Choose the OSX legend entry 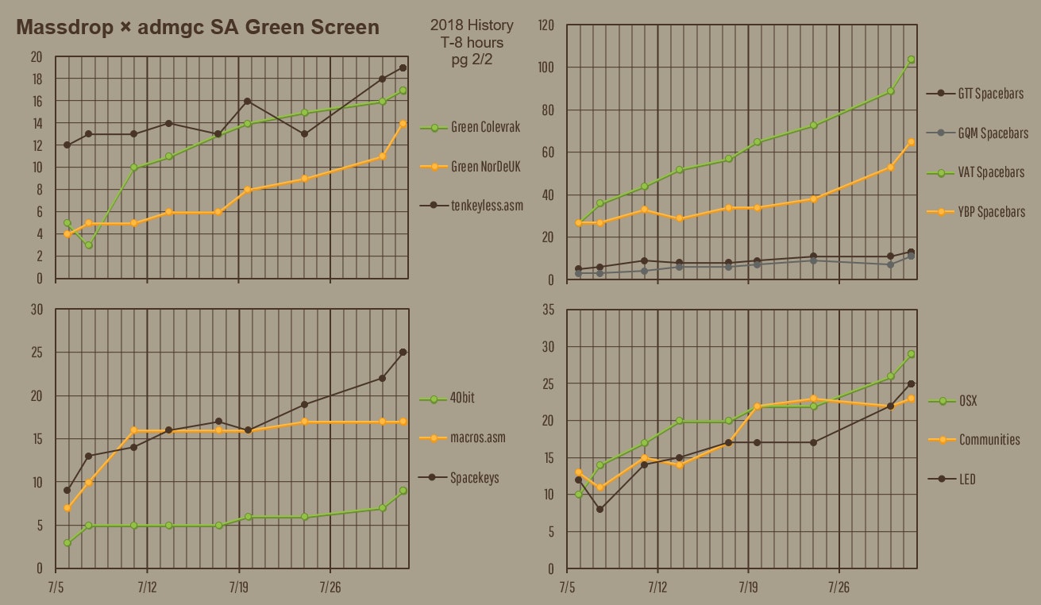[x=968, y=401]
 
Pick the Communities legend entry [x=989, y=440]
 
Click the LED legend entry [x=967, y=480]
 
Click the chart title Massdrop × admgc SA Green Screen [x=198, y=28]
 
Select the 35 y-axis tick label [x=548, y=310]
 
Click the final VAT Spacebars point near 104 [x=911, y=60]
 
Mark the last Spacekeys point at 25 [x=403, y=352]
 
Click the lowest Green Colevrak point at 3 [x=89, y=245]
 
